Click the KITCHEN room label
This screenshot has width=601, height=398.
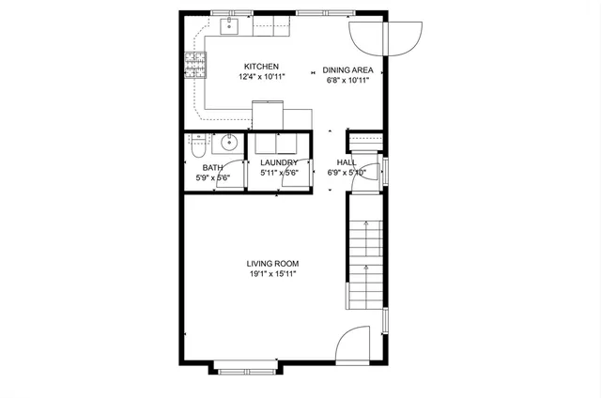262,67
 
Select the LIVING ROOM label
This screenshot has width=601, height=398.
273,264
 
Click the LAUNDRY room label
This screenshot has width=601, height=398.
278,162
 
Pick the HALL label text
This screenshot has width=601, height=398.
347,162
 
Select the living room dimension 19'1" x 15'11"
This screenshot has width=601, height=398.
273,275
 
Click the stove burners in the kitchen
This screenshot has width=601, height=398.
196,65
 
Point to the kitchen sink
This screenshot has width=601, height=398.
231,26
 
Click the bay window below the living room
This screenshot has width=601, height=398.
244,367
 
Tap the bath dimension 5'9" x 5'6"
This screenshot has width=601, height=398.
212,177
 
